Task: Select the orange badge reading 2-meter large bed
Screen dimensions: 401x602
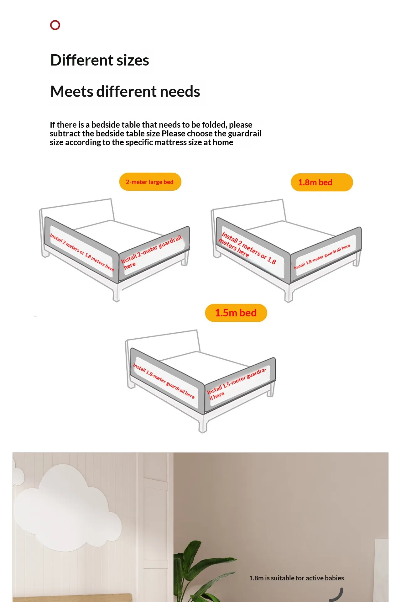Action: click(x=150, y=182)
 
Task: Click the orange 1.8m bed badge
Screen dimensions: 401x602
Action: click(x=322, y=182)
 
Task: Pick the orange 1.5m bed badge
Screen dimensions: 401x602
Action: click(x=236, y=313)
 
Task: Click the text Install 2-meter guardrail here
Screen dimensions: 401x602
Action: click(x=151, y=252)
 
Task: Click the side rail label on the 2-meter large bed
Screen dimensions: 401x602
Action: click(x=82, y=252)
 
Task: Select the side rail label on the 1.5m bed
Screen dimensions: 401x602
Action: click(x=164, y=381)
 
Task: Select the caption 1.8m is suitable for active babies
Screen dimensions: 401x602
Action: click(x=297, y=578)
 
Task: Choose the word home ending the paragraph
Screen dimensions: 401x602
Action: click(x=223, y=142)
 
